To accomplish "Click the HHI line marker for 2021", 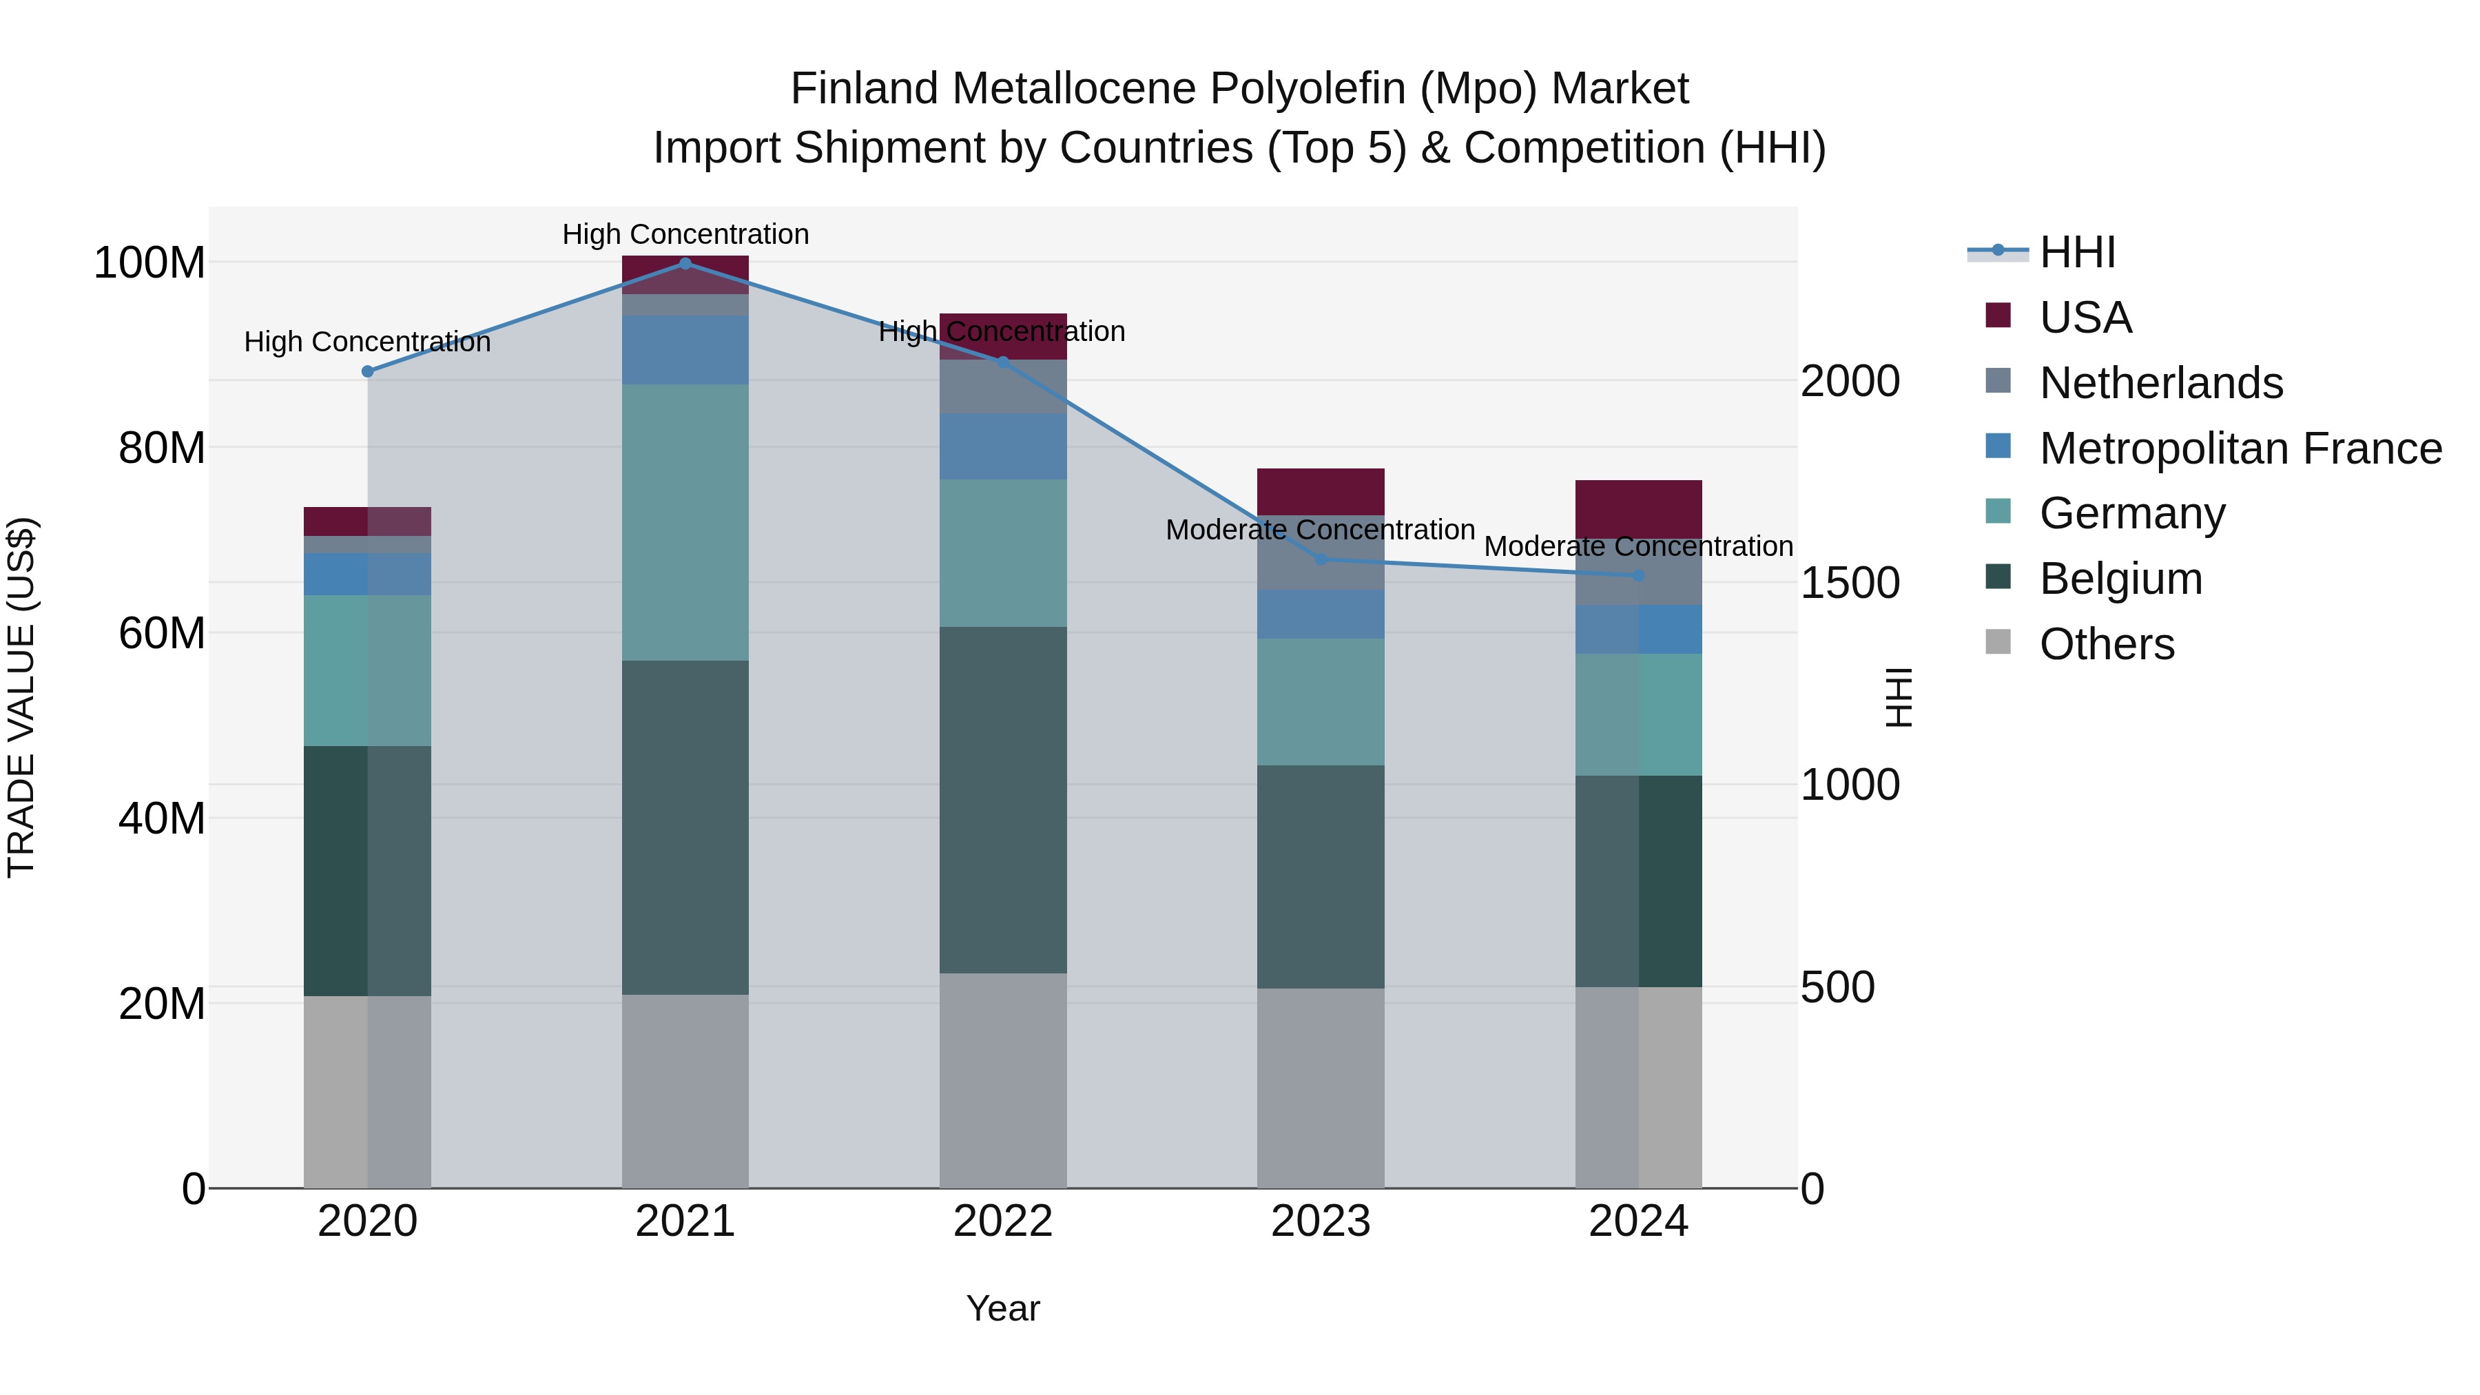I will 685,263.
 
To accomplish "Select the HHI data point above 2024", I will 1639,576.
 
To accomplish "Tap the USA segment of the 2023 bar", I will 1320,492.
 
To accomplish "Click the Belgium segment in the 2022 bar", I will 1002,799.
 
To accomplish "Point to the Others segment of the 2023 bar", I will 1320,1088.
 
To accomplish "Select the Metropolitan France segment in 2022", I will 1002,446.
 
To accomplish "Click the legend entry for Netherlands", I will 2160,383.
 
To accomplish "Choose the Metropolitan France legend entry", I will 2240,448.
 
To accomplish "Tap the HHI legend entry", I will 2076,252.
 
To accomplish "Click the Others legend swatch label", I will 2107,644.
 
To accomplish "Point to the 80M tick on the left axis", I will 162,448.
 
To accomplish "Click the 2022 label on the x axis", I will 1002,1221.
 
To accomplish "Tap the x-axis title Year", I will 1002,1308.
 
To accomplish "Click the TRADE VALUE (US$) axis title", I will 21,697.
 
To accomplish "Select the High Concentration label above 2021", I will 685,234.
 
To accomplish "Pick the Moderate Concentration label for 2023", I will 1320,530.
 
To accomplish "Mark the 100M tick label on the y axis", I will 149,263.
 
